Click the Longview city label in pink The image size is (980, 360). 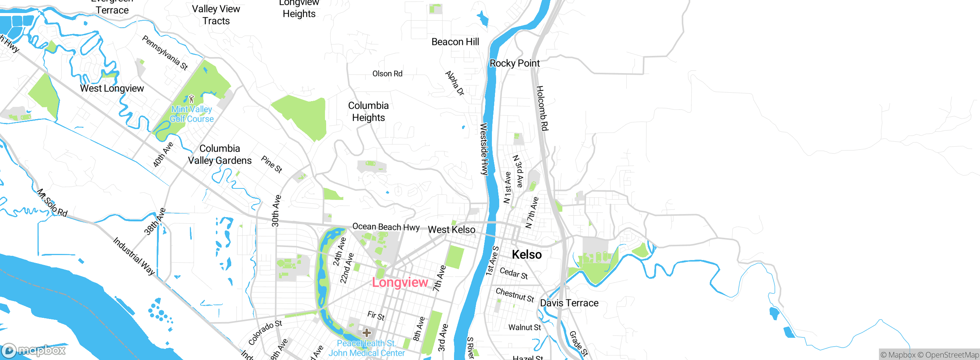pos(400,282)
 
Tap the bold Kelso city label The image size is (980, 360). pos(527,254)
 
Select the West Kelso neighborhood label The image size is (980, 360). pos(451,229)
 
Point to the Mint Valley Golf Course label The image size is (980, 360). pos(191,114)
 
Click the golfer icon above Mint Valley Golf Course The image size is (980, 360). pos(191,99)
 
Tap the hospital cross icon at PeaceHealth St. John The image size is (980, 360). pos(366,332)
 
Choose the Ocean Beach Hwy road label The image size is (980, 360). pos(386,227)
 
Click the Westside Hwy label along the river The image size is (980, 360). pos(484,149)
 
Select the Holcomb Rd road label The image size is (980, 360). pos(542,108)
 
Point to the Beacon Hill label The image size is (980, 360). pos(455,42)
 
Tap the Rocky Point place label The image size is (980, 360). pos(514,63)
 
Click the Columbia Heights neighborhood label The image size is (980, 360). pos(368,111)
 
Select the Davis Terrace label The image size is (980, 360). pos(569,303)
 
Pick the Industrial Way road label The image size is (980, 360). pos(134,256)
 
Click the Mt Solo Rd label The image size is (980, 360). pos(52,203)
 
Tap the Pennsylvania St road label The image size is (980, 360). pos(165,53)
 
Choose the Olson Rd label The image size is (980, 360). pos(387,74)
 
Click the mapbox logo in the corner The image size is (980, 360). pos(34,350)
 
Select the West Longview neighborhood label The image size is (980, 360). pos(112,88)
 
